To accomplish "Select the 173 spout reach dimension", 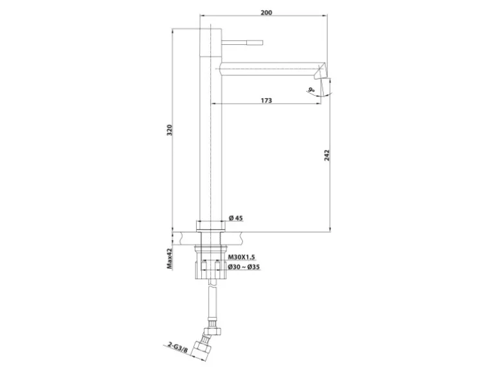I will [x=267, y=100].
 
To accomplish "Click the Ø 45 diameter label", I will [x=236, y=218].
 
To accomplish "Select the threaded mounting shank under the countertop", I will [x=210, y=254].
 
